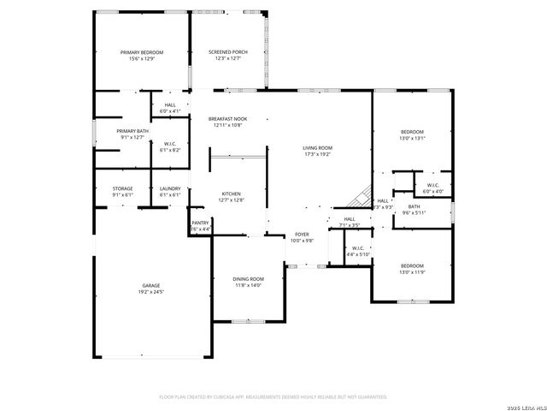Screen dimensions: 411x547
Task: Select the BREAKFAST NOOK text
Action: (x=227, y=119)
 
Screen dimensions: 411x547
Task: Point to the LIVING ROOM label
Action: (x=318, y=148)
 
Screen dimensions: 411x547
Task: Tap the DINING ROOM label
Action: (x=248, y=279)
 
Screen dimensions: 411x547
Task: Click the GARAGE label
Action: (x=151, y=285)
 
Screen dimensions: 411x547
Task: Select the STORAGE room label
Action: (x=123, y=188)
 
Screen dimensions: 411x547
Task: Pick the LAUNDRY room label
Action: (x=170, y=188)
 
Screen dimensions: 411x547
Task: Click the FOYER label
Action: (x=302, y=234)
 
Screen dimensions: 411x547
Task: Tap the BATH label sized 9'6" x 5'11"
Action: (x=414, y=206)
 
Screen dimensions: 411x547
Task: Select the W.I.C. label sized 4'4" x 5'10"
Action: (x=357, y=249)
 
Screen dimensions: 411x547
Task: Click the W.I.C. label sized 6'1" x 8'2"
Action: (x=170, y=144)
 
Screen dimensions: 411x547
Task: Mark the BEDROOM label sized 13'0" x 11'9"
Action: (x=412, y=265)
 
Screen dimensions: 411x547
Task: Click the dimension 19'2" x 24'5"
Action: (x=151, y=292)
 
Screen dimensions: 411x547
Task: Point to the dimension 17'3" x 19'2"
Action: (x=318, y=155)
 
